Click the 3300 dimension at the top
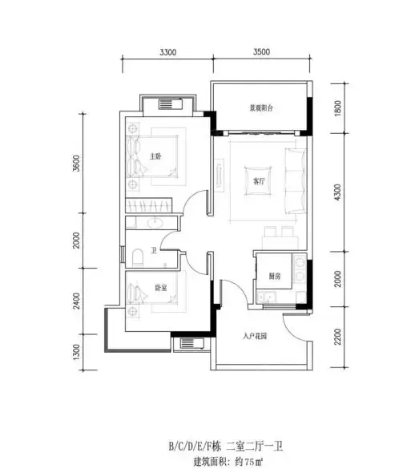point(168,53)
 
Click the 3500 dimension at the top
point(261,52)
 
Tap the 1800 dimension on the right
point(337,108)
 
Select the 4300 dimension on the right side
point(337,192)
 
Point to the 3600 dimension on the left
point(77,164)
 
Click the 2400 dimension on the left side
point(77,301)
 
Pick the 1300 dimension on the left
point(77,352)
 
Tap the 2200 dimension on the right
point(338,337)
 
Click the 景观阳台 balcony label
point(261,108)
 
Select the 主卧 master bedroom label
point(155,156)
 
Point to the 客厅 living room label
point(259,181)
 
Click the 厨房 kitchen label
point(274,276)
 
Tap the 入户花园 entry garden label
point(255,337)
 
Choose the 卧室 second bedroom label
point(161,288)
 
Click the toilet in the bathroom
point(138,257)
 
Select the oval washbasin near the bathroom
point(155,223)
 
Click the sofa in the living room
point(296,181)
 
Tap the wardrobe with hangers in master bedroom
point(148,205)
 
